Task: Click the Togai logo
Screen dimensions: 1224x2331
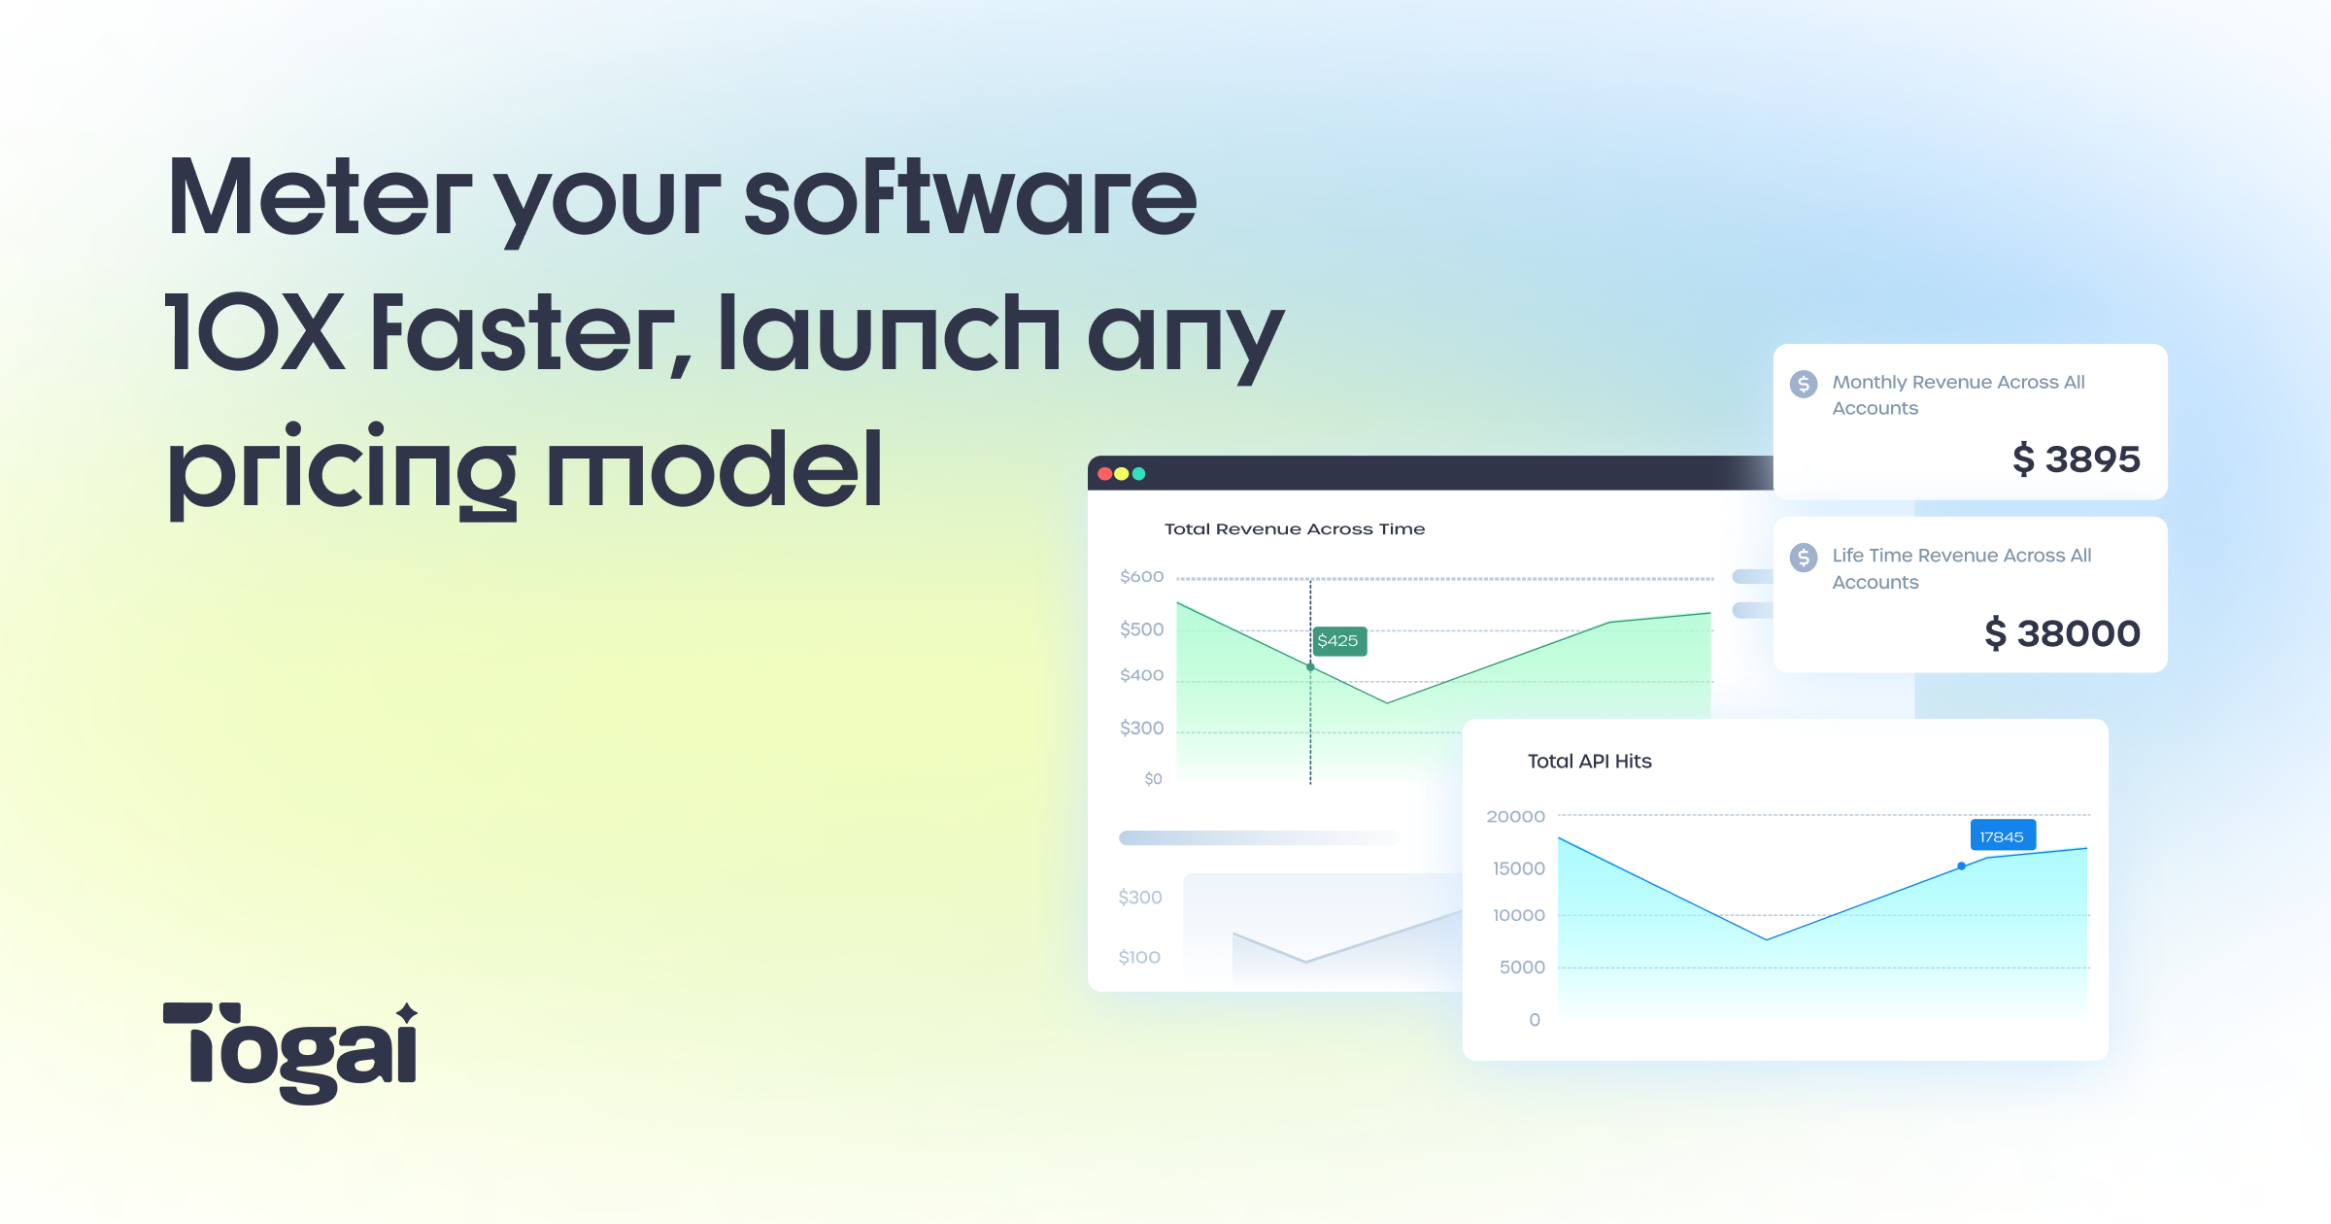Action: point(290,1052)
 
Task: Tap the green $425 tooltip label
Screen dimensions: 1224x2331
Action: point(1338,641)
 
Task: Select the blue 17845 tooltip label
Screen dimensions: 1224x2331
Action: point(2001,836)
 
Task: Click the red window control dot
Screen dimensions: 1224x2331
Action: point(1104,474)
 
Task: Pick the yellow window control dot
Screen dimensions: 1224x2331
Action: point(1122,474)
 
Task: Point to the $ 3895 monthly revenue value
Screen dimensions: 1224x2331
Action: point(2076,459)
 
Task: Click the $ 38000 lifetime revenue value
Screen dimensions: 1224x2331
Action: point(2062,633)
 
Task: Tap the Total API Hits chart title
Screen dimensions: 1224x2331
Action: point(1589,762)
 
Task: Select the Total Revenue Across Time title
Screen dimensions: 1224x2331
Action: point(1295,529)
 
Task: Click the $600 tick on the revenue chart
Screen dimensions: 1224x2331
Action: point(1141,577)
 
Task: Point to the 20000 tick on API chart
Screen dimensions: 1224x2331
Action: point(1515,817)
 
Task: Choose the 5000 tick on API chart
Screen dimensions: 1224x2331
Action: point(1522,968)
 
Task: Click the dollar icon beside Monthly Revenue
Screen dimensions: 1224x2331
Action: point(1804,384)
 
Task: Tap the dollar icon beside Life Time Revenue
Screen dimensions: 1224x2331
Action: point(1804,558)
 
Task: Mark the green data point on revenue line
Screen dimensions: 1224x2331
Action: point(1310,667)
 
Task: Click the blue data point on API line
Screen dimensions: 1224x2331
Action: point(1962,866)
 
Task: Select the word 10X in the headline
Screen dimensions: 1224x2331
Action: point(255,334)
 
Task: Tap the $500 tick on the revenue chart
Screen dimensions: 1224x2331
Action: point(1141,629)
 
